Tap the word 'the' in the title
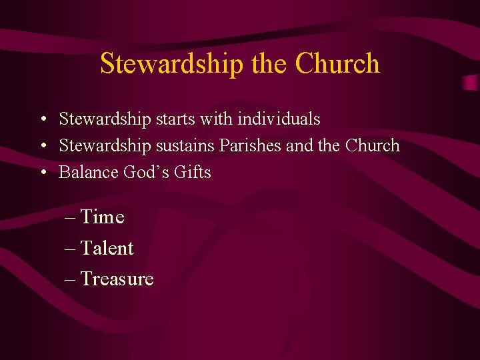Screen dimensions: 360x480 click(x=270, y=64)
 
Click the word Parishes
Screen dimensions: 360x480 click(x=251, y=145)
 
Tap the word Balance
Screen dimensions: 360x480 click(x=89, y=172)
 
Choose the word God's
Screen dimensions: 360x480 click(x=147, y=172)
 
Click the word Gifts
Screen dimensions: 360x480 click(x=193, y=172)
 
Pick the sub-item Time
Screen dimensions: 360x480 click(x=102, y=217)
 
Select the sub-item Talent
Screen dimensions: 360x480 click(x=107, y=248)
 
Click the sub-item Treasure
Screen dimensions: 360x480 click(x=117, y=279)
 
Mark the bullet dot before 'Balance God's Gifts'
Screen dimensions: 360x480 click(x=41, y=173)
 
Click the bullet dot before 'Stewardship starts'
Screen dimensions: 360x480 click(x=41, y=120)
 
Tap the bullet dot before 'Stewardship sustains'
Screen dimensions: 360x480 click(x=41, y=146)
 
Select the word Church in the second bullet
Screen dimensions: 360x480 click(x=372, y=145)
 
